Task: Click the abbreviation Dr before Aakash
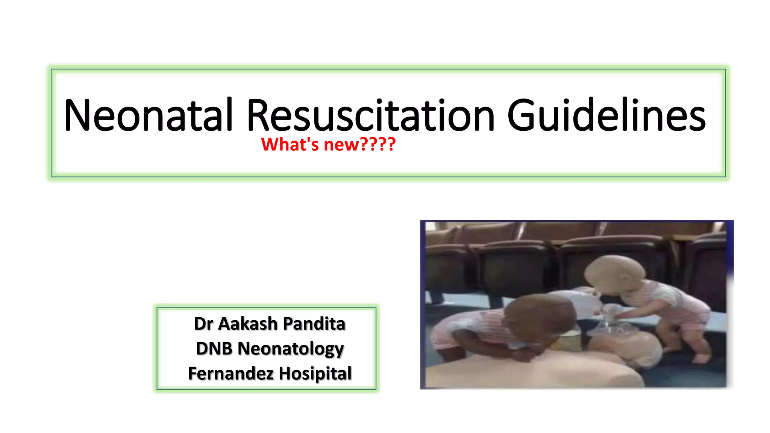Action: (203, 324)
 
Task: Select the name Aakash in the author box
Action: (248, 324)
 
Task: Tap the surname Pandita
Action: (314, 324)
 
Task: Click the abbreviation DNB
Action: (214, 348)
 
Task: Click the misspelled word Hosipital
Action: (315, 373)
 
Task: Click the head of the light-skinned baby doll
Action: (613, 274)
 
